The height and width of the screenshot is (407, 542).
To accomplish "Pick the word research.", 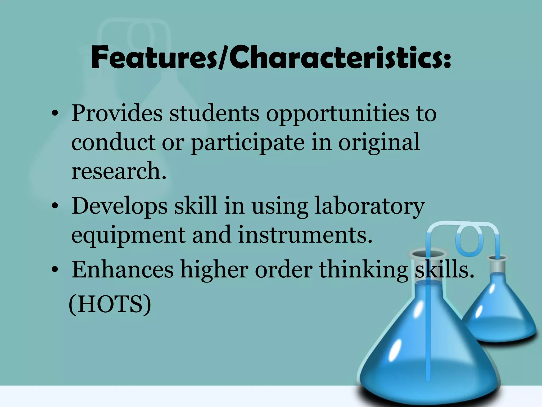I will pyautogui.click(x=119, y=171).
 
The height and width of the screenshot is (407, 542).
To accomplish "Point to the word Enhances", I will pyautogui.click(x=123, y=270).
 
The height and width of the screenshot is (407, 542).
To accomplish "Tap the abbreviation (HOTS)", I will pyautogui.click(x=110, y=304).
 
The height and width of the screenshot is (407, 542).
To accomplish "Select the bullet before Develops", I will pyautogui.click(x=55, y=207).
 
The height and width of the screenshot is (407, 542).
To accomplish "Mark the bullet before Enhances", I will pyautogui.click(x=55, y=270).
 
